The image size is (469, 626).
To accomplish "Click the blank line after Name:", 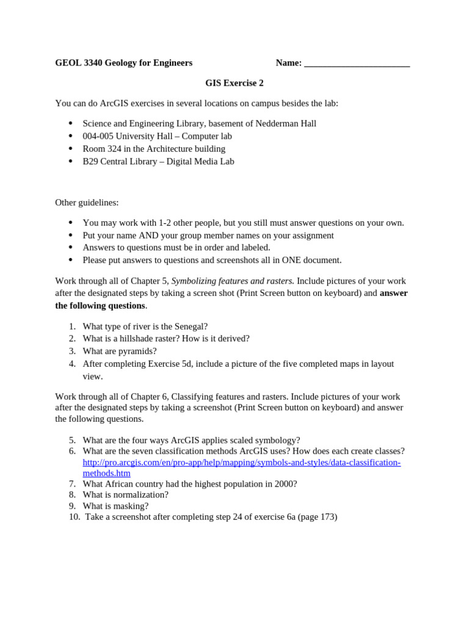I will point(357,63).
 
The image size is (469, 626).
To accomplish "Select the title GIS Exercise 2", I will point(234,83).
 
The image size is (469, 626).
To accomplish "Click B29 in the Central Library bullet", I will point(90,161).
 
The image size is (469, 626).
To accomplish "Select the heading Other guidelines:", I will point(87,202).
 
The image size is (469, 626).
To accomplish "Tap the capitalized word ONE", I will point(289,260).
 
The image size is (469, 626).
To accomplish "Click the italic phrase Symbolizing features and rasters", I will point(233,281).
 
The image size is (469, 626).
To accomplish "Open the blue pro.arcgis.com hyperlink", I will point(241,462).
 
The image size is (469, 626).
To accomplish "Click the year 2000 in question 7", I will point(285,484).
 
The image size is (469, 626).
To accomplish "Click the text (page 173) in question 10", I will point(316,517).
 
